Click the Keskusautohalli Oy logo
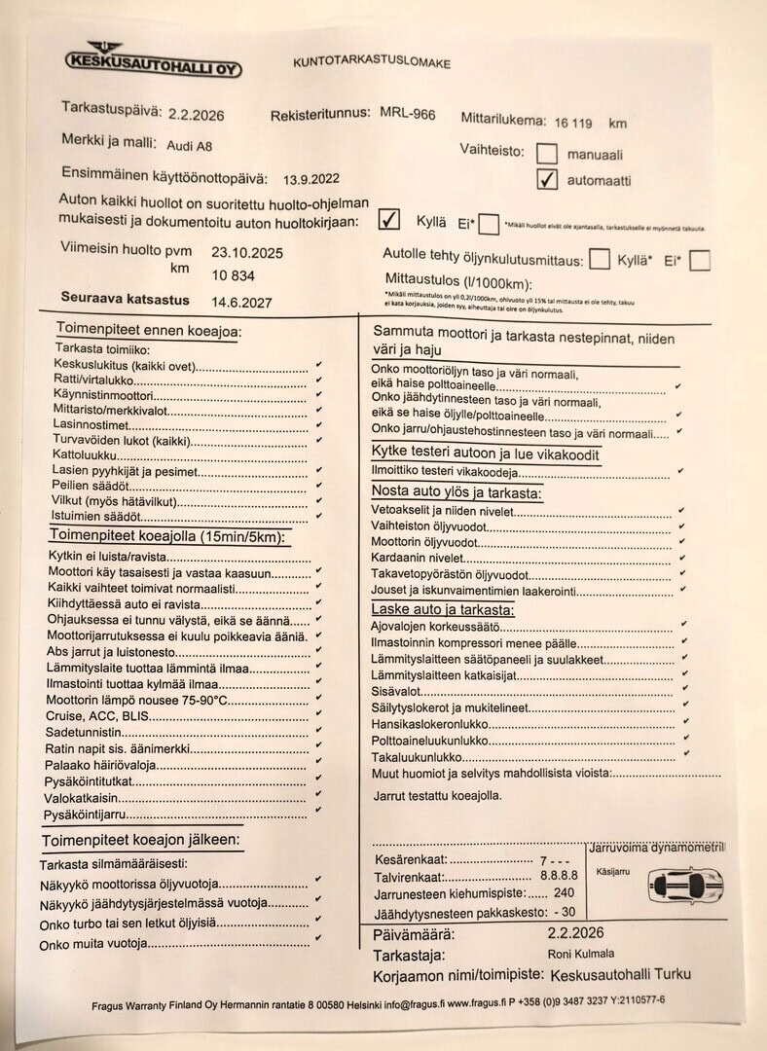coord(152,60)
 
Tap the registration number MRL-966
coord(407,114)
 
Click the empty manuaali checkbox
coord(547,153)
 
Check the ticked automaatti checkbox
coord(547,179)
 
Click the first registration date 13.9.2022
coord(311,179)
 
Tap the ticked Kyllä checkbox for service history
coord(388,219)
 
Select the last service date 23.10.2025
coord(246,252)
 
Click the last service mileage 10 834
coord(234,275)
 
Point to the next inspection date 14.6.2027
coord(241,302)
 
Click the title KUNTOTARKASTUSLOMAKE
coord(372,63)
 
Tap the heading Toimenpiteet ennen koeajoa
coord(148,331)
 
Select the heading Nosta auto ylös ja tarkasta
coord(457,492)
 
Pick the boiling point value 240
coord(564,892)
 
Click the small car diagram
coord(685,884)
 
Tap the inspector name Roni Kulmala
coord(582,955)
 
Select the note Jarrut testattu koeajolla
coord(437,795)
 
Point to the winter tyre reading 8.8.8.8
coord(559,876)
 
